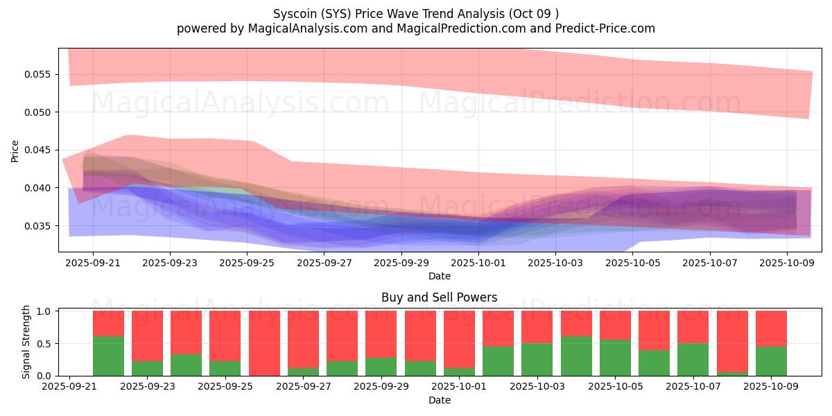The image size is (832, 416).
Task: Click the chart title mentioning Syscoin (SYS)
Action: pyautogui.click(x=415, y=14)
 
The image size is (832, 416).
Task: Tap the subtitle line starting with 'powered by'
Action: pyautogui.click(x=415, y=28)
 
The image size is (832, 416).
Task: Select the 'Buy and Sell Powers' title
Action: pyautogui.click(x=439, y=297)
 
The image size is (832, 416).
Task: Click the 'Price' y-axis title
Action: pyautogui.click(x=15, y=150)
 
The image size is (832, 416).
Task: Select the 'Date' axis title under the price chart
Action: pyautogui.click(x=439, y=276)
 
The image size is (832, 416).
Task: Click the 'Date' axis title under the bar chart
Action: pyautogui.click(x=439, y=400)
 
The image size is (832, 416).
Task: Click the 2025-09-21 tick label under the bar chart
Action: pyautogui.click(x=69, y=387)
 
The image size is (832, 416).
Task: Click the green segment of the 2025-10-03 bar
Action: pyautogui.click(x=537, y=359)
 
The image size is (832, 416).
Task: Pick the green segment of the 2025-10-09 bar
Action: pyautogui.click(x=771, y=361)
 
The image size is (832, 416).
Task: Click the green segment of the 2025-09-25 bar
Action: pyautogui.click(x=225, y=368)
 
